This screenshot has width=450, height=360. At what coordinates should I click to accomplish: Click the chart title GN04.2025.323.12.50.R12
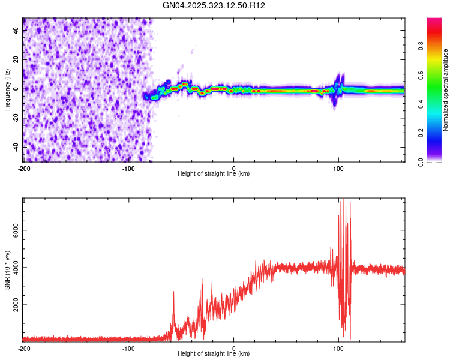[214, 5]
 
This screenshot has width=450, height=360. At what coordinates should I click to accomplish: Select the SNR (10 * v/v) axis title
[7, 268]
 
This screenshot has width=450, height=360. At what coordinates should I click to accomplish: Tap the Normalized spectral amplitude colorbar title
[446, 91]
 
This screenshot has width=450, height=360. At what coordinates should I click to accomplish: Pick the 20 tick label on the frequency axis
[17, 59]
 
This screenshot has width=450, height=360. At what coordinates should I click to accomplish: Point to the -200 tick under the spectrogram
[24, 168]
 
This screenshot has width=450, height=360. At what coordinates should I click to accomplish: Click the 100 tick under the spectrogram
[338, 168]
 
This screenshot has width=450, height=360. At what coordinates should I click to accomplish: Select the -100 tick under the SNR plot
[128, 348]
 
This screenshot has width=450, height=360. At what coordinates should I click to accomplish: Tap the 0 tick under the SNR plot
[233, 348]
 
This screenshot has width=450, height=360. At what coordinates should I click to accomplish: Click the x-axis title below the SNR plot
[214, 355]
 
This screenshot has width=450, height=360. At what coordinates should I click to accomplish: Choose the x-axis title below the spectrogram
[214, 174]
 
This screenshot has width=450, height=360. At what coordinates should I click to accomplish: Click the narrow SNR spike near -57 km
[173, 292]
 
